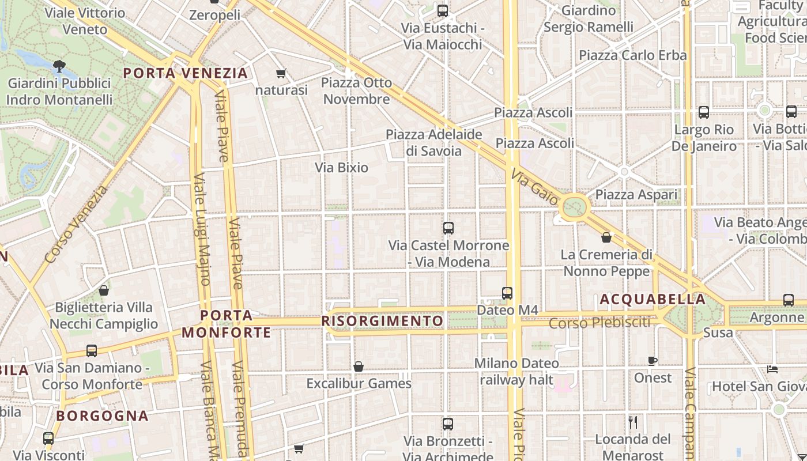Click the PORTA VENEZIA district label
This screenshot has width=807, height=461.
coord(186,73)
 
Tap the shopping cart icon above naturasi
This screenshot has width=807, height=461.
coord(281,73)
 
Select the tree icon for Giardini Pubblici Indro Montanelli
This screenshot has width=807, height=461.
coord(59,66)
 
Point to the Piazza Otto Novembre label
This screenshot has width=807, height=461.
coord(356,90)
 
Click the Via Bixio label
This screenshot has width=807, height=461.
coord(341,168)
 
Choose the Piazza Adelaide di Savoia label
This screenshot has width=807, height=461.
coord(434,142)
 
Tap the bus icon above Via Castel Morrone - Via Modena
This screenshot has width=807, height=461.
coord(448,228)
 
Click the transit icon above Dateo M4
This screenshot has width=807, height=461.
coord(507,293)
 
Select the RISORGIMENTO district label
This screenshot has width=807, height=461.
coord(383,321)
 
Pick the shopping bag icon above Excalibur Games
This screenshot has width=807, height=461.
coord(359,366)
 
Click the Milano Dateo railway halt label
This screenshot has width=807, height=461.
coord(516,372)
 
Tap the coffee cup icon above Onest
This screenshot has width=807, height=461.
coord(653,361)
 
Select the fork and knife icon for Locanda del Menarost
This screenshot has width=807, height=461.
coord(633,422)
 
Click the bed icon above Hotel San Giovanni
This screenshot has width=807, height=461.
coord(773,369)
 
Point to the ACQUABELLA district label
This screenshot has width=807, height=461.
coord(653,299)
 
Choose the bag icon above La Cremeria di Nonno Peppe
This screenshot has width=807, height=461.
coord(606,237)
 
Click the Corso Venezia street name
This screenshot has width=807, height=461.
coord(76,224)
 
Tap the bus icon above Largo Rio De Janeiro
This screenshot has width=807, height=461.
coord(704,112)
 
